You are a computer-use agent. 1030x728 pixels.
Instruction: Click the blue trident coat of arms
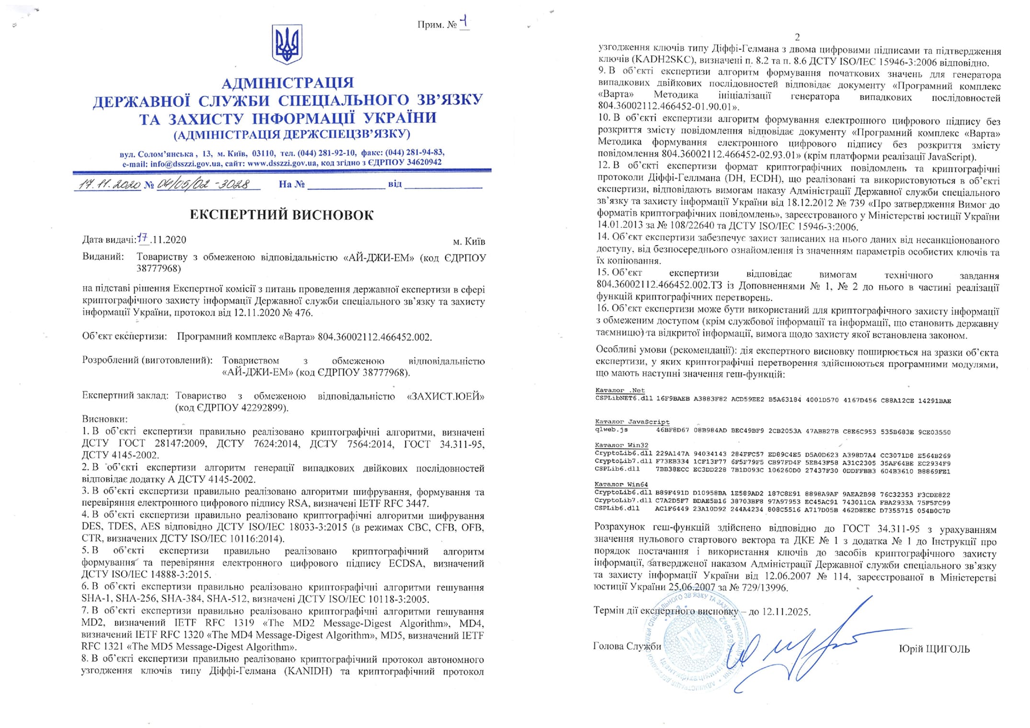coord(286,45)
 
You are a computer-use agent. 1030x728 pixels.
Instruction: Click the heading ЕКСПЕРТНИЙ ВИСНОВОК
coord(282,215)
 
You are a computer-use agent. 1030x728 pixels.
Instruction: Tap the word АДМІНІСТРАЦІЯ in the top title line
coord(287,83)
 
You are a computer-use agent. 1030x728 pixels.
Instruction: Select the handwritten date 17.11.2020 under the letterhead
coord(107,184)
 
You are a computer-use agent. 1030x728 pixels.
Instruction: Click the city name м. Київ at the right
coord(469,241)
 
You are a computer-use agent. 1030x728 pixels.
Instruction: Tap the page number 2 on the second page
coord(797,37)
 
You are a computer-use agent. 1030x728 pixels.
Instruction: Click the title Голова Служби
coord(627,646)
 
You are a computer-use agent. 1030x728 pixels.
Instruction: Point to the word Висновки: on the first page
coord(105,419)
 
